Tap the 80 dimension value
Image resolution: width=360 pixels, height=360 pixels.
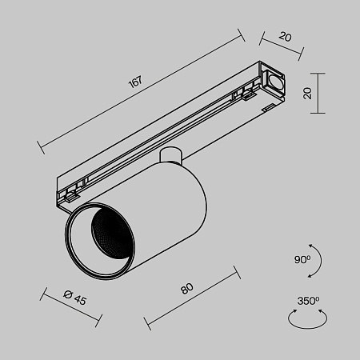click(188, 289)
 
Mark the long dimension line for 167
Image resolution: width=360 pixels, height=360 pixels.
click(140, 90)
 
